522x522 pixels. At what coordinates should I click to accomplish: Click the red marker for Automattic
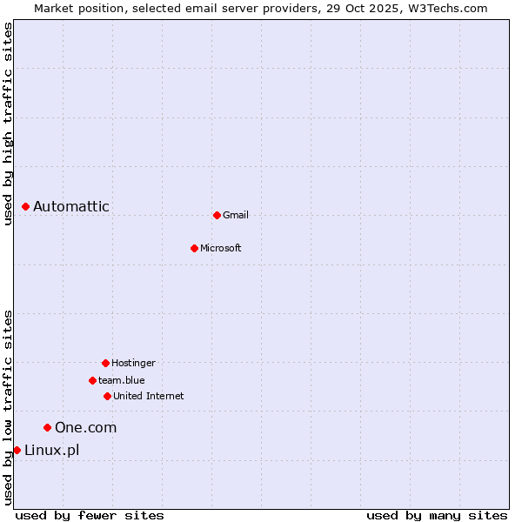click(26, 206)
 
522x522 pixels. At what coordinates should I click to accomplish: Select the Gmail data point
click(217, 215)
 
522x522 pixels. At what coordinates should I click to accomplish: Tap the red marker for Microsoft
click(194, 248)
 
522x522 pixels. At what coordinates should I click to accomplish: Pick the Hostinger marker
click(105, 363)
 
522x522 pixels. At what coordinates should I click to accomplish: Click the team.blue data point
click(92, 380)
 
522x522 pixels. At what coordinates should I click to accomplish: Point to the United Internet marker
click(107, 396)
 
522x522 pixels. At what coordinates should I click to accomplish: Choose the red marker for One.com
click(48, 427)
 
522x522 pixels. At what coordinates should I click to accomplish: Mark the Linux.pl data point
click(17, 450)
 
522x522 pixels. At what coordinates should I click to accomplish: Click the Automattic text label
click(71, 206)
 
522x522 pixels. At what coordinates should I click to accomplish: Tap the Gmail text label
click(236, 215)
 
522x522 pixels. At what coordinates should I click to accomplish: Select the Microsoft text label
click(221, 248)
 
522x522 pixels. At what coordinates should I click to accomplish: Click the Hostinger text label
click(133, 363)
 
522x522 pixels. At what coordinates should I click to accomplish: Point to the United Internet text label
click(149, 396)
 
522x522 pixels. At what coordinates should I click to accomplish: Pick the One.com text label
click(85, 427)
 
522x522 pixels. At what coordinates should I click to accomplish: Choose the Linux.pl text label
click(51, 450)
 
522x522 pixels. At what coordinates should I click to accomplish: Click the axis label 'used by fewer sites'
click(90, 515)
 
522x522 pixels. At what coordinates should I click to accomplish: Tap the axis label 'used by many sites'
click(437, 515)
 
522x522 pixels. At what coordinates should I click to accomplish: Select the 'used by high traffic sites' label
click(9, 124)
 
